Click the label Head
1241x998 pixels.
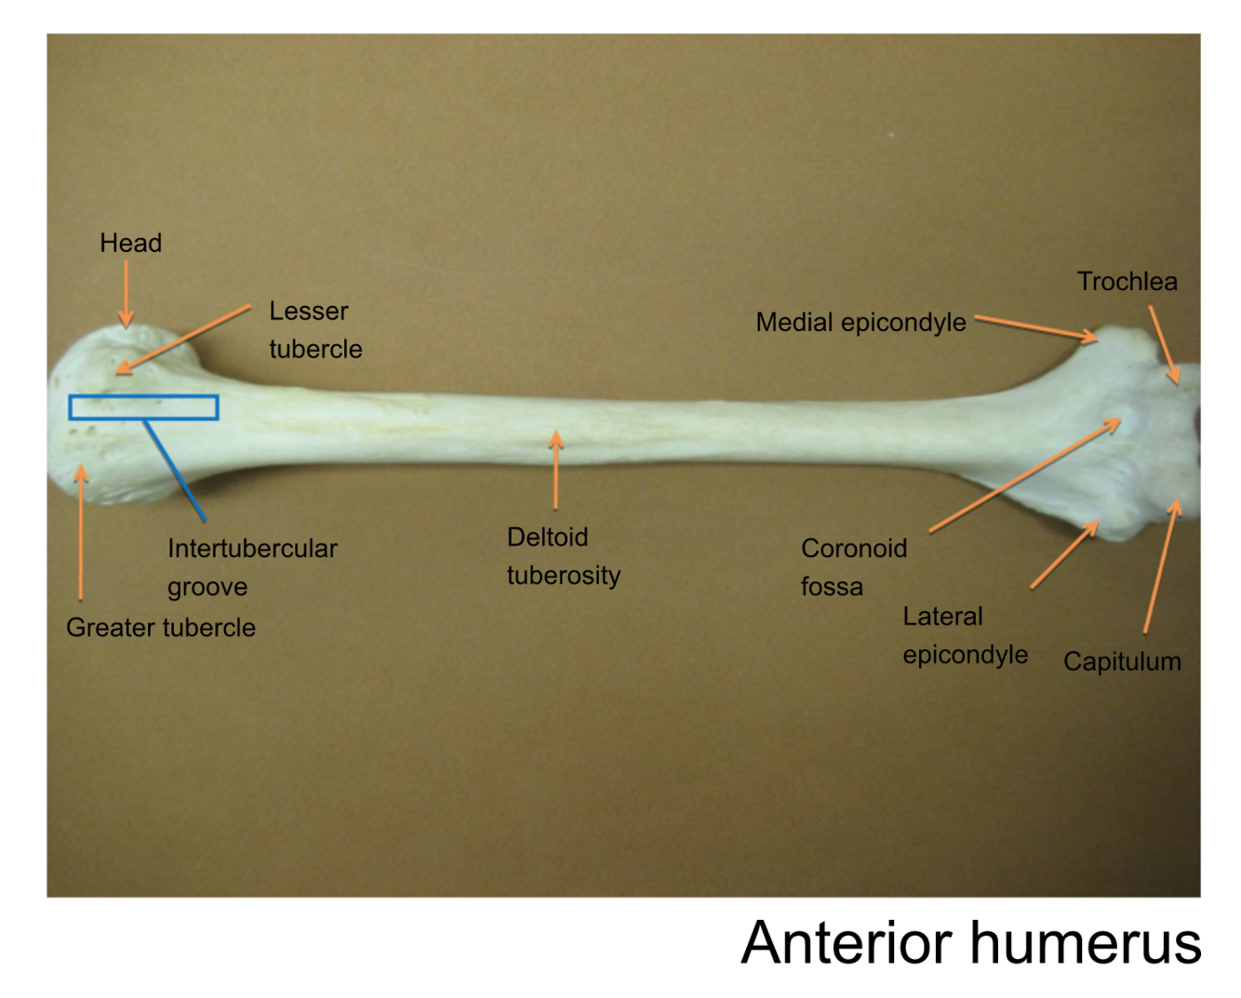tap(130, 244)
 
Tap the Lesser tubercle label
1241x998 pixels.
tap(314, 330)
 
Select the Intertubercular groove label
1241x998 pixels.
tap(251, 567)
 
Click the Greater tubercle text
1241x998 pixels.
tap(160, 628)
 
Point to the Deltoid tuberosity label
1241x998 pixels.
tap(563, 556)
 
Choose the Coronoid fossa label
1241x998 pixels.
tap(853, 567)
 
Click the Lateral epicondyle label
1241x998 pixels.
tap(965, 635)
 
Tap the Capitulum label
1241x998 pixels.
tap(1122, 662)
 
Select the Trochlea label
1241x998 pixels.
tap(1127, 282)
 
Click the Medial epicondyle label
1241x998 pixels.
tap(861, 323)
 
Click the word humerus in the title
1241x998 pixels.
tap(1086, 943)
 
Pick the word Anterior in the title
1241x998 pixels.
tap(848, 943)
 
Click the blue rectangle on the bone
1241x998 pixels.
tap(143, 398)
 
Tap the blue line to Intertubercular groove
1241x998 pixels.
tap(175, 470)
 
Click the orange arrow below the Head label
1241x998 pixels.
tap(127, 293)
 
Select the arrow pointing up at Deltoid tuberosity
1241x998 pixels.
tap(555, 470)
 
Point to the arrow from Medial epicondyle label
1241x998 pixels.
tap(1035, 327)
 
